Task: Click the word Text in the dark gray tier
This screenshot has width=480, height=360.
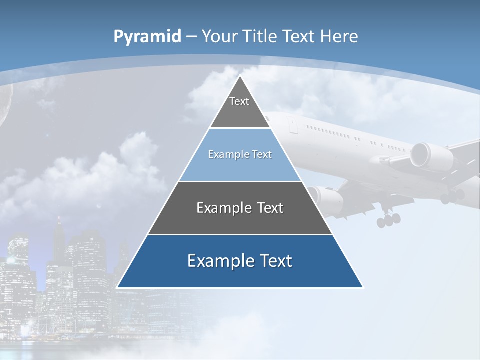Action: click(x=270, y=208)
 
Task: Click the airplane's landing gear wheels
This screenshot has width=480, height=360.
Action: click(x=389, y=219)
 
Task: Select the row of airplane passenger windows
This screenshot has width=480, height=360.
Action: click(x=330, y=132)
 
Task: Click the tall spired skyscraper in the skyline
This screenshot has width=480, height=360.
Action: click(x=59, y=245)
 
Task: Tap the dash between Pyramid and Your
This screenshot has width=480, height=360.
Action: click(x=192, y=36)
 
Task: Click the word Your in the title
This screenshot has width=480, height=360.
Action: click(x=220, y=36)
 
